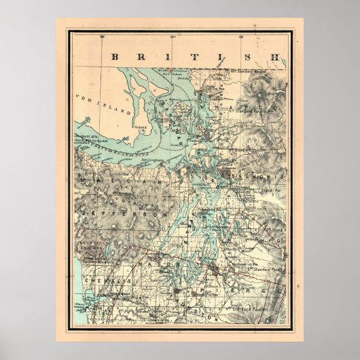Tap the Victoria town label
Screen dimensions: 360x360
pos(141,126)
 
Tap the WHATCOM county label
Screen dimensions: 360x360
pos(259,95)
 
